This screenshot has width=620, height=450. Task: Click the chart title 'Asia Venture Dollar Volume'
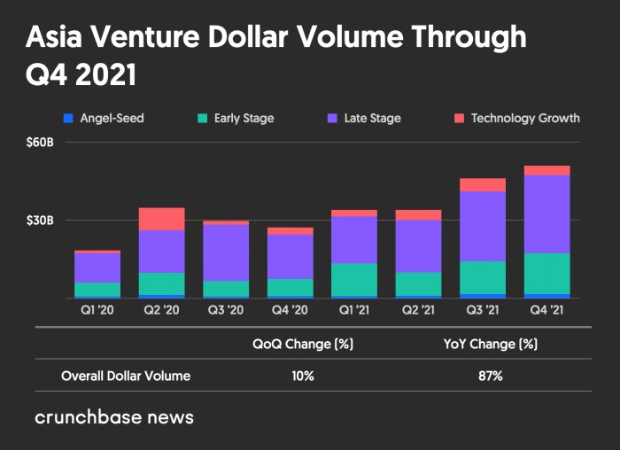(275, 38)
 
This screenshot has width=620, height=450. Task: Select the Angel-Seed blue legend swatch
(67, 118)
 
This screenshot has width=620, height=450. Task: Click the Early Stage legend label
(244, 118)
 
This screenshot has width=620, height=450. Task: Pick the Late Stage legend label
(372, 118)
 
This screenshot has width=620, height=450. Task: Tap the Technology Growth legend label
(525, 118)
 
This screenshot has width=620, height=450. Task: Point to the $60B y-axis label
(40, 143)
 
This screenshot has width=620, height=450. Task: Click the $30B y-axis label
(40, 220)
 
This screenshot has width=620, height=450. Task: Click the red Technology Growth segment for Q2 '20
(162, 219)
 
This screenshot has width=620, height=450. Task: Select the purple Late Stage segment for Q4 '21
(547, 213)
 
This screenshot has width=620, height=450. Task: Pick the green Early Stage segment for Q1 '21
(354, 279)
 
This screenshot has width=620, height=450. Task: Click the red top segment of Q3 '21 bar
(483, 184)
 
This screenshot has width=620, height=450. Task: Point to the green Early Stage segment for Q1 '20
(97, 290)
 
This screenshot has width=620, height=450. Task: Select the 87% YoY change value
(490, 376)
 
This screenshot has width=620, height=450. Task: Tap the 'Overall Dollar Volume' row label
(126, 376)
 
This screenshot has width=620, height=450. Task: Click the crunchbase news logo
(114, 416)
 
